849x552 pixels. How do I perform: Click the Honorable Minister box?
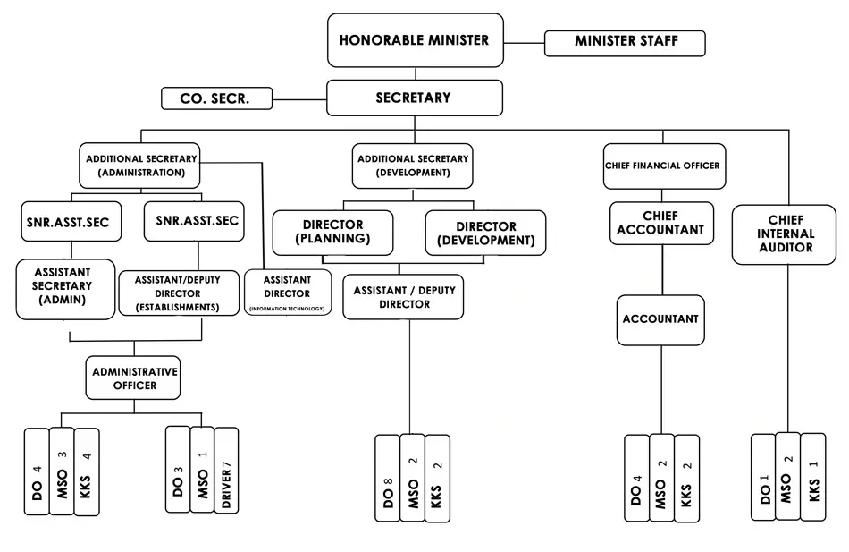(415, 40)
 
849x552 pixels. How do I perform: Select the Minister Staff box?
(626, 42)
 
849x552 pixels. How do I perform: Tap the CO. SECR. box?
(216, 98)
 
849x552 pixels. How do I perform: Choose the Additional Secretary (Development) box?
(413, 166)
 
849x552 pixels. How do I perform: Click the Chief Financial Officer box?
(662, 166)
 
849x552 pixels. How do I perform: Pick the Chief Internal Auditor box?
(786, 234)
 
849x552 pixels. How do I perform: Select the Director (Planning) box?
(332, 233)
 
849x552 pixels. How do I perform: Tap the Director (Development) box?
(485, 234)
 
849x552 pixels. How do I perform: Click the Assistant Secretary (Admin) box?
(65, 288)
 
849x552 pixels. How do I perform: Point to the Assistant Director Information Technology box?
(287, 293)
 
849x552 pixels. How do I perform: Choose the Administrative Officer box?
(134, 378)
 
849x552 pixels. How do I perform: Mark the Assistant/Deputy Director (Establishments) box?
(179, 293)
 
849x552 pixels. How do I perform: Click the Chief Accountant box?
(662, 224)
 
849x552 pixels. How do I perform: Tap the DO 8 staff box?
(388, 478)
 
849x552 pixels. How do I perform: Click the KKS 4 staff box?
(87, 471)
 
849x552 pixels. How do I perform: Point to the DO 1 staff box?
(763, 477)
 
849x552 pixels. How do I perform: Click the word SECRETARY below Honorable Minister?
(413, 98)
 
